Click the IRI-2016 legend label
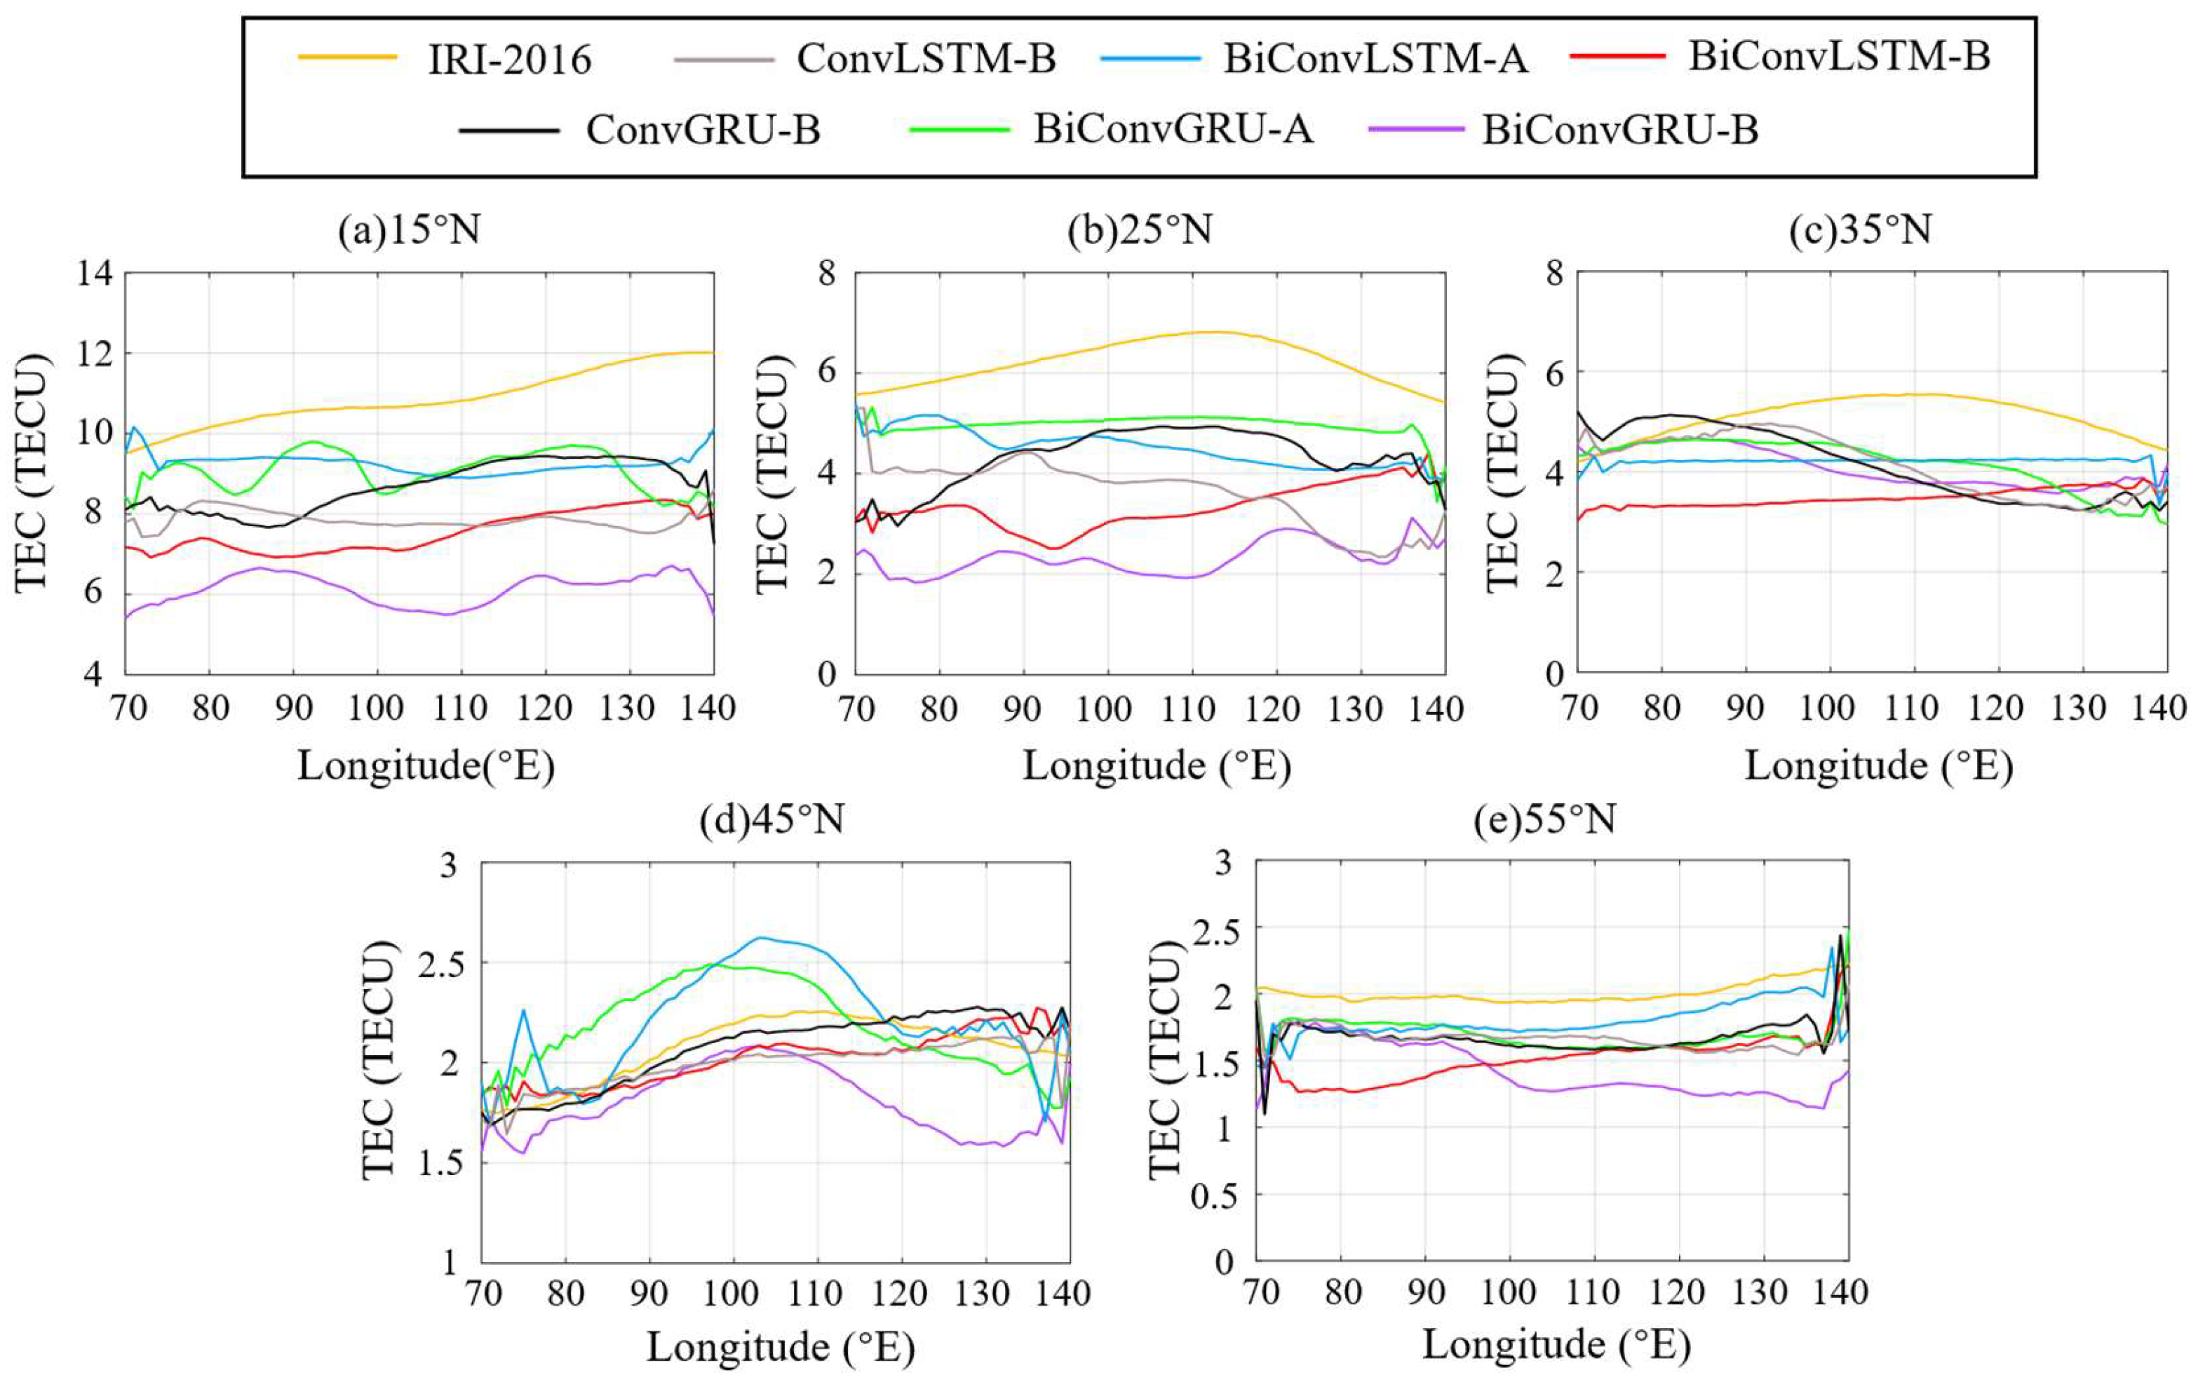point(509,60)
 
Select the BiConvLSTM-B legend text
point(1838,57)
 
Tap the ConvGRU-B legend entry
point(703,130)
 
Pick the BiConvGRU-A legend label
point(1173,130)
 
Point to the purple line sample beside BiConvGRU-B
point(1416,130)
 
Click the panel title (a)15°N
point(409,231)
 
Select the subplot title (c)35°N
point(1860,230)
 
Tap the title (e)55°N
point(1544,819)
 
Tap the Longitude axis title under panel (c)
point(1878,765)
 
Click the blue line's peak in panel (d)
point(760,937)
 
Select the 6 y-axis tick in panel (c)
point(1553,373)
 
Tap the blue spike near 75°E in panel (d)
point(524,1010)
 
